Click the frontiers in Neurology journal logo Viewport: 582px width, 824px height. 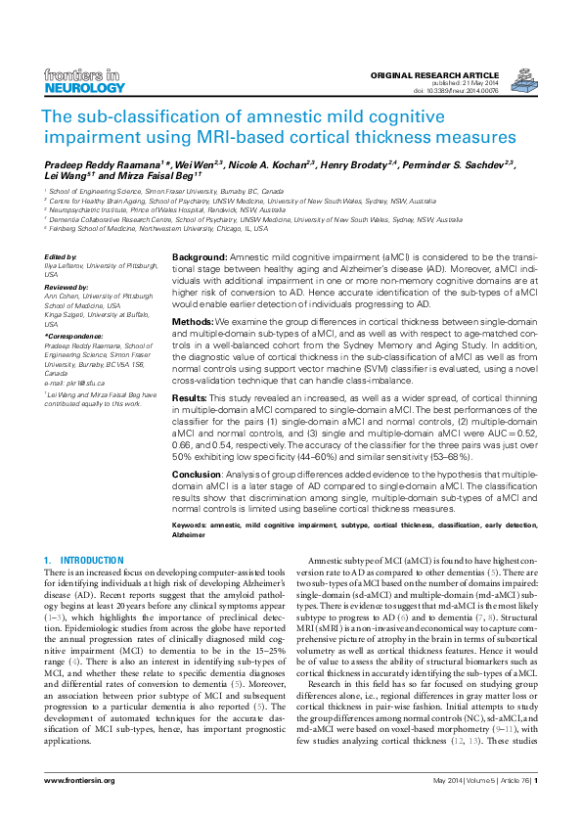[85, 80]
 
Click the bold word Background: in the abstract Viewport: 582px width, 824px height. [200, 255]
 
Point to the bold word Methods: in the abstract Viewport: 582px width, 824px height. [193, 321]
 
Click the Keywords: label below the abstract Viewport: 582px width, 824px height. [191, 526]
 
